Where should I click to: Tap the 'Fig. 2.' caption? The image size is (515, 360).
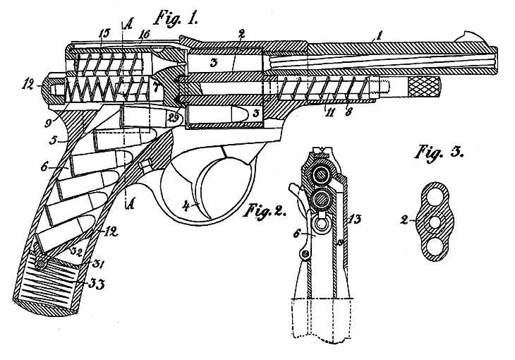pyautogui.click(x=267, y=210)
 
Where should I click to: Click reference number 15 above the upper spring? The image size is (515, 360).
pyautogui.click(x=104, y=33)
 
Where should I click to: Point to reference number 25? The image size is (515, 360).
pyautogui.click(x=174, y=116)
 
